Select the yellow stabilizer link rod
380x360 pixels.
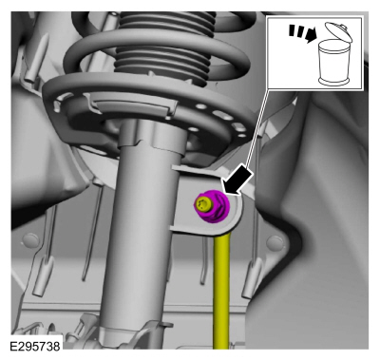coord(221,291)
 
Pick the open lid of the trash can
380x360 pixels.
coord(339,31)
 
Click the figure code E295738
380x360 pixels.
coord(35,347)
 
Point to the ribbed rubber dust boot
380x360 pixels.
coord(164,45)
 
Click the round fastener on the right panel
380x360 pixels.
coord(275,243)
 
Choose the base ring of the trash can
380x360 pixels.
coord(334,82)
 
